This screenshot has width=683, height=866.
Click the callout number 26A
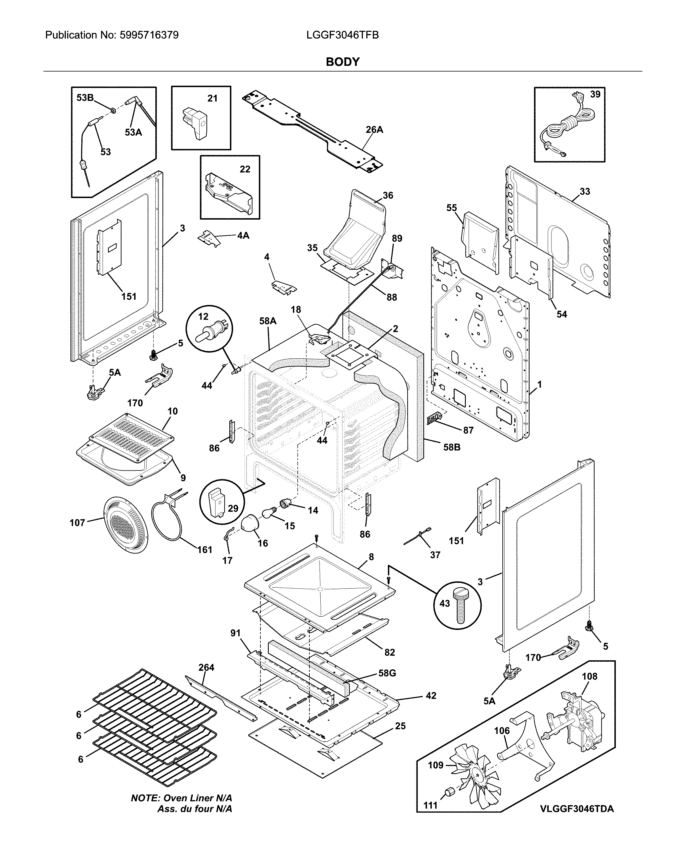pyautogui.click(x=374, y=129)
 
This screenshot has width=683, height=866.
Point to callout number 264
pyautogui.click(x=206, y=667)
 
